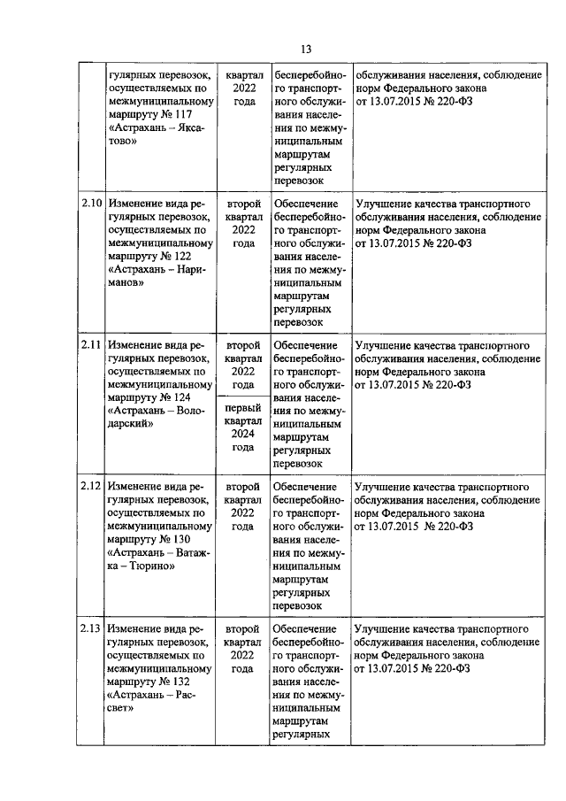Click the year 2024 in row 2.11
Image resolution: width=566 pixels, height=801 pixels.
[x=243, y=434]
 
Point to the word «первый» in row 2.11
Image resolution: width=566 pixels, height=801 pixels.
[x=243, y=408]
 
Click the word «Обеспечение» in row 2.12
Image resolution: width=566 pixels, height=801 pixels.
[x=305, y=487]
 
